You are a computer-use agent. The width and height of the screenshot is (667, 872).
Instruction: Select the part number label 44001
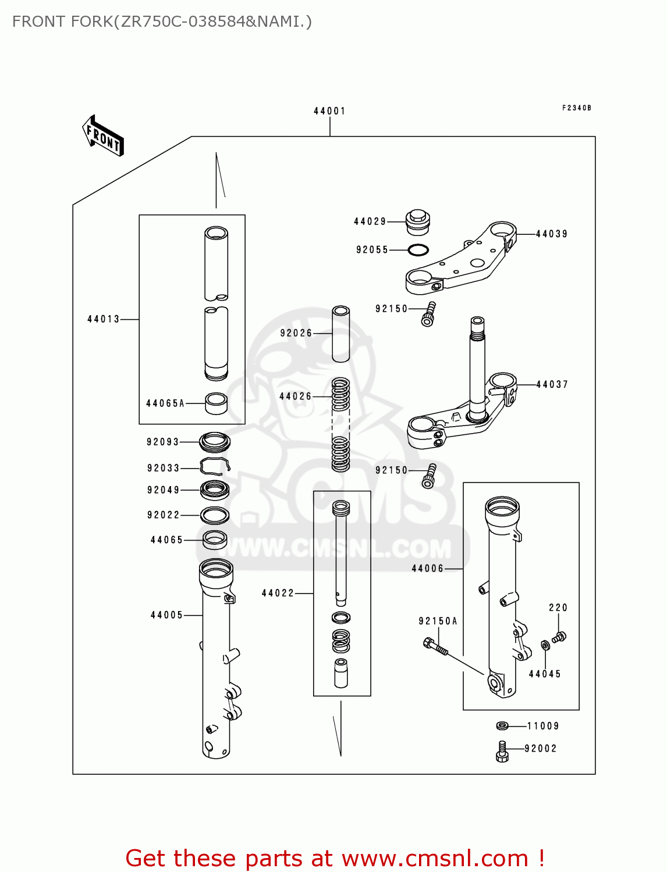coord(329,111)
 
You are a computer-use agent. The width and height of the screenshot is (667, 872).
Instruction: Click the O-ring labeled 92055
coord(418,250)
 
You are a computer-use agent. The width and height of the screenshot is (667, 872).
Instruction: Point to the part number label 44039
coord(551,234)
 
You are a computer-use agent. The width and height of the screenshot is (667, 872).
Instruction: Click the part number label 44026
coord(296,396)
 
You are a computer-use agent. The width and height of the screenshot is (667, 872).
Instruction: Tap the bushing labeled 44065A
coord(217,403)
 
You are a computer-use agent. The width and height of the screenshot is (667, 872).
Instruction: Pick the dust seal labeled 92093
coord(215,442)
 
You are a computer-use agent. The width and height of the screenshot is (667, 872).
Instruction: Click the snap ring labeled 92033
coord(215,466)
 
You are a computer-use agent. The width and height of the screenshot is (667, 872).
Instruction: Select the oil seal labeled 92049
coord(215,490)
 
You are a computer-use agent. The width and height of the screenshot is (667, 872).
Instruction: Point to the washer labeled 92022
coord(215,515)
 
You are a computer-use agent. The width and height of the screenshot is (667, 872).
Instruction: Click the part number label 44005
coord(166,615)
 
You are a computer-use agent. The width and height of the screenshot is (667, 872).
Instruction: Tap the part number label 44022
coord(278,593)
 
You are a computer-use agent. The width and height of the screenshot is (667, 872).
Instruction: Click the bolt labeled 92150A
coord(435,646)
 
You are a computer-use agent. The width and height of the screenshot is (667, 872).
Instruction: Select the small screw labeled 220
coord(559,637)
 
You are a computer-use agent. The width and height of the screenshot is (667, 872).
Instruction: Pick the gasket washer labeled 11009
coord(502,726)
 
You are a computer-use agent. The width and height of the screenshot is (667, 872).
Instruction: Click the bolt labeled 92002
coord(502,751)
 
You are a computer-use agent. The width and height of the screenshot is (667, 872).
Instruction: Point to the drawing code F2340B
coord(576,108)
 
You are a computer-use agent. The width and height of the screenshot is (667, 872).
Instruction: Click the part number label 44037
coord(552,384)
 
